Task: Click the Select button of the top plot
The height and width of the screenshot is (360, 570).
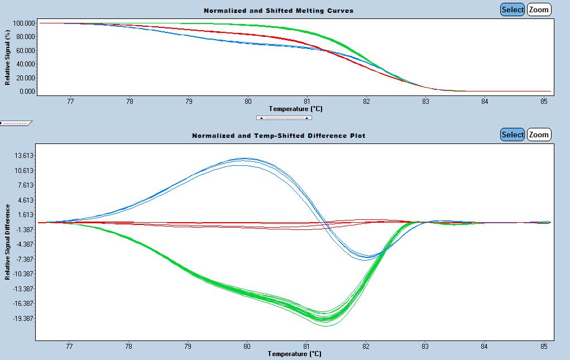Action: point(512,9)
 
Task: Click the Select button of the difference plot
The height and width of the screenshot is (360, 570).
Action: point(512,135)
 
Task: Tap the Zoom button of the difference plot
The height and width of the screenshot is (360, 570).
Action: point(539,135)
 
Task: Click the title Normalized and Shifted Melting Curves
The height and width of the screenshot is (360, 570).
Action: point(278,11)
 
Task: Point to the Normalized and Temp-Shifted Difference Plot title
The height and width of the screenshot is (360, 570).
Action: point(279,136)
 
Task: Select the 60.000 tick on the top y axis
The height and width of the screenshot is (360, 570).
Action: point(26,50)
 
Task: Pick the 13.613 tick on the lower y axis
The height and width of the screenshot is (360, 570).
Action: point(26,156)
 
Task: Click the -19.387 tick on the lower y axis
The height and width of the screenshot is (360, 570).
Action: point(25,318)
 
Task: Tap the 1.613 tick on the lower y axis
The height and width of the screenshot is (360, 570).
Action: point(27,215)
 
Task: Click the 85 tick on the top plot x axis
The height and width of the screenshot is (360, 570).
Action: point(544,101)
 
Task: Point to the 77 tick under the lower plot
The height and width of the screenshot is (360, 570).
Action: point(70,346)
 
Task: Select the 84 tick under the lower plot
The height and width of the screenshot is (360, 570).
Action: point(485,346)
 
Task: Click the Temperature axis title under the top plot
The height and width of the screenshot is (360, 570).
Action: point(295,108)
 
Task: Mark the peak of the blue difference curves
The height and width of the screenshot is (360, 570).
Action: point(246,159)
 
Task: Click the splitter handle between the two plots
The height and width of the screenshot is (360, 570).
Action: point(284,118)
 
